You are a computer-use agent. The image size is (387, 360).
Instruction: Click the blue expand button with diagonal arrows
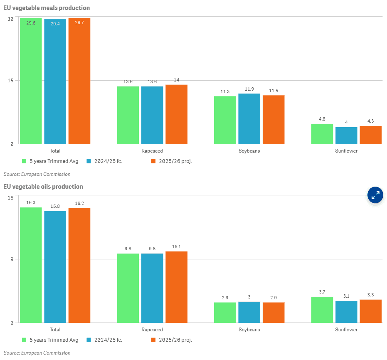(x=375, y=195)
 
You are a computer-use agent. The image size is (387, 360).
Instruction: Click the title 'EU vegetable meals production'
(x=47, y=8)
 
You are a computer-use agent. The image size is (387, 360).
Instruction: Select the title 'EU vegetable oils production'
(x=43, y=187)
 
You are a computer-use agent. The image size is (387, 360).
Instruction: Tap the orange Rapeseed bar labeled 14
(x=176, y=114)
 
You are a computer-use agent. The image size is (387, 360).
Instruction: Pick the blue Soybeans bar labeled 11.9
(x=249, y=119)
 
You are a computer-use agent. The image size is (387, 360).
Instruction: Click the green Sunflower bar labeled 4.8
(x=322, y=134)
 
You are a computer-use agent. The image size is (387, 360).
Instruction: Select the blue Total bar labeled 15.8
(x=55, y=266)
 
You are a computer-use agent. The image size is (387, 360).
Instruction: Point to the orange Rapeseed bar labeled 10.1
(x=176, y=287)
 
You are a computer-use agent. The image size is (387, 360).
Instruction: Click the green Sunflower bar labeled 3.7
(x=322, y=310)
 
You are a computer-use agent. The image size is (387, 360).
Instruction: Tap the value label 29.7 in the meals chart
(x=79, y=23)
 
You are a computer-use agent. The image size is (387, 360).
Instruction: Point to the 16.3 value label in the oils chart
(x=31, y=202)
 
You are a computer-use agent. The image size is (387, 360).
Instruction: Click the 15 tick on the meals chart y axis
(x=11, y=80)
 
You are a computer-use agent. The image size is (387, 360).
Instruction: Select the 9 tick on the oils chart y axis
(x=12, y=259)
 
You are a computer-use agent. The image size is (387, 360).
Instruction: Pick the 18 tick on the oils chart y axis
(x=11, y=197)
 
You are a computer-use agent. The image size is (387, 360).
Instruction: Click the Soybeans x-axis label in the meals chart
(x=249, y=151)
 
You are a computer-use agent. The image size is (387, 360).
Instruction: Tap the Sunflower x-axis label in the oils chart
(x=346, y=330)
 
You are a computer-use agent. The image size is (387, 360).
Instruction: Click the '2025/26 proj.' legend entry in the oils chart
(x=175, y=340)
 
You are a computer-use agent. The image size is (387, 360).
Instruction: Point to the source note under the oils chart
(x=37, y=353)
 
